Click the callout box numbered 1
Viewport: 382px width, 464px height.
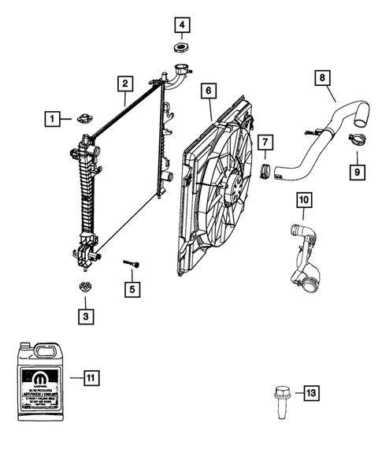[x=51, y=119]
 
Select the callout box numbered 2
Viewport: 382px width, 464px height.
[x=124, y=83]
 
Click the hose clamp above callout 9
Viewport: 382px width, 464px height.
[x=354, y=142]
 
